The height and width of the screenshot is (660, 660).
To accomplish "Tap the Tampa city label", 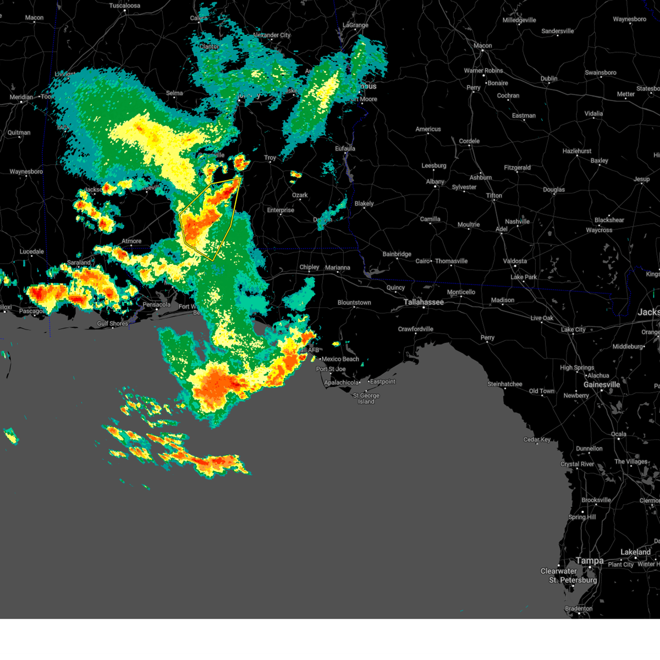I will [589, 560].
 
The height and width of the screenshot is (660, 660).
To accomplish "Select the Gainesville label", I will [601, 384].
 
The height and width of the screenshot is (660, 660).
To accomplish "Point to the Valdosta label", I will [515, 261].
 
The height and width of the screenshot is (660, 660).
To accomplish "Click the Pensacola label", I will [156, 305].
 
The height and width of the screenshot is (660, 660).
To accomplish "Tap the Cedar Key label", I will [537, 439].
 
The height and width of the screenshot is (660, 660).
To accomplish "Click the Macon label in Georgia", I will [482, 46].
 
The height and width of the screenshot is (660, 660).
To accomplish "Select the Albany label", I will [435, 182].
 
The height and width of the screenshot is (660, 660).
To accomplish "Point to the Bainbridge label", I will [397, 254].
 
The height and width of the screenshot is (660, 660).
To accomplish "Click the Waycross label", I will [599, 230].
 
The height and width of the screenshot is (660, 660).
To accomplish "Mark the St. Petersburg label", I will [573, 580].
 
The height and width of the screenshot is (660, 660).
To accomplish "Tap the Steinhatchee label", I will [504, 384].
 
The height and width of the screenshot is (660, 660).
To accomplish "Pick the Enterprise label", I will [280, 210].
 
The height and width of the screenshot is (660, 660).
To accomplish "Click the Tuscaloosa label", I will [124, 5].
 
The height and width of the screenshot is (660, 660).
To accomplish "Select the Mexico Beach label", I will [340, 359].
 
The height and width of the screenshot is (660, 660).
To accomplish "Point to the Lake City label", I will [573, 329].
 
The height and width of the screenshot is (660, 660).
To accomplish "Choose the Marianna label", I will [337, 268].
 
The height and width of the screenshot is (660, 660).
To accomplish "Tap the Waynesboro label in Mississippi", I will [26, 172].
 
